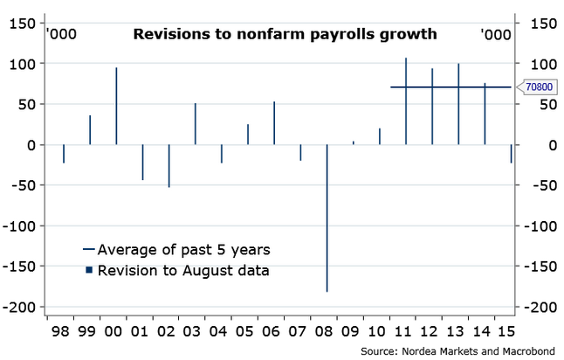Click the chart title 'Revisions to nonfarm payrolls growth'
pos(284,35)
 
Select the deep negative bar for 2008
pos(327,218)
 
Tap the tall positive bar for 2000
pos(116,106)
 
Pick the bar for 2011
pos(406,101)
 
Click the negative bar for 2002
pos(169,165)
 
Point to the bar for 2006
pos(274,123)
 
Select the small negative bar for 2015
pos(511,154)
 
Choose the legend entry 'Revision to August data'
pos(175,270)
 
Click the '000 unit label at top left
pos(60,35)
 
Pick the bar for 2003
pos(195,124)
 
